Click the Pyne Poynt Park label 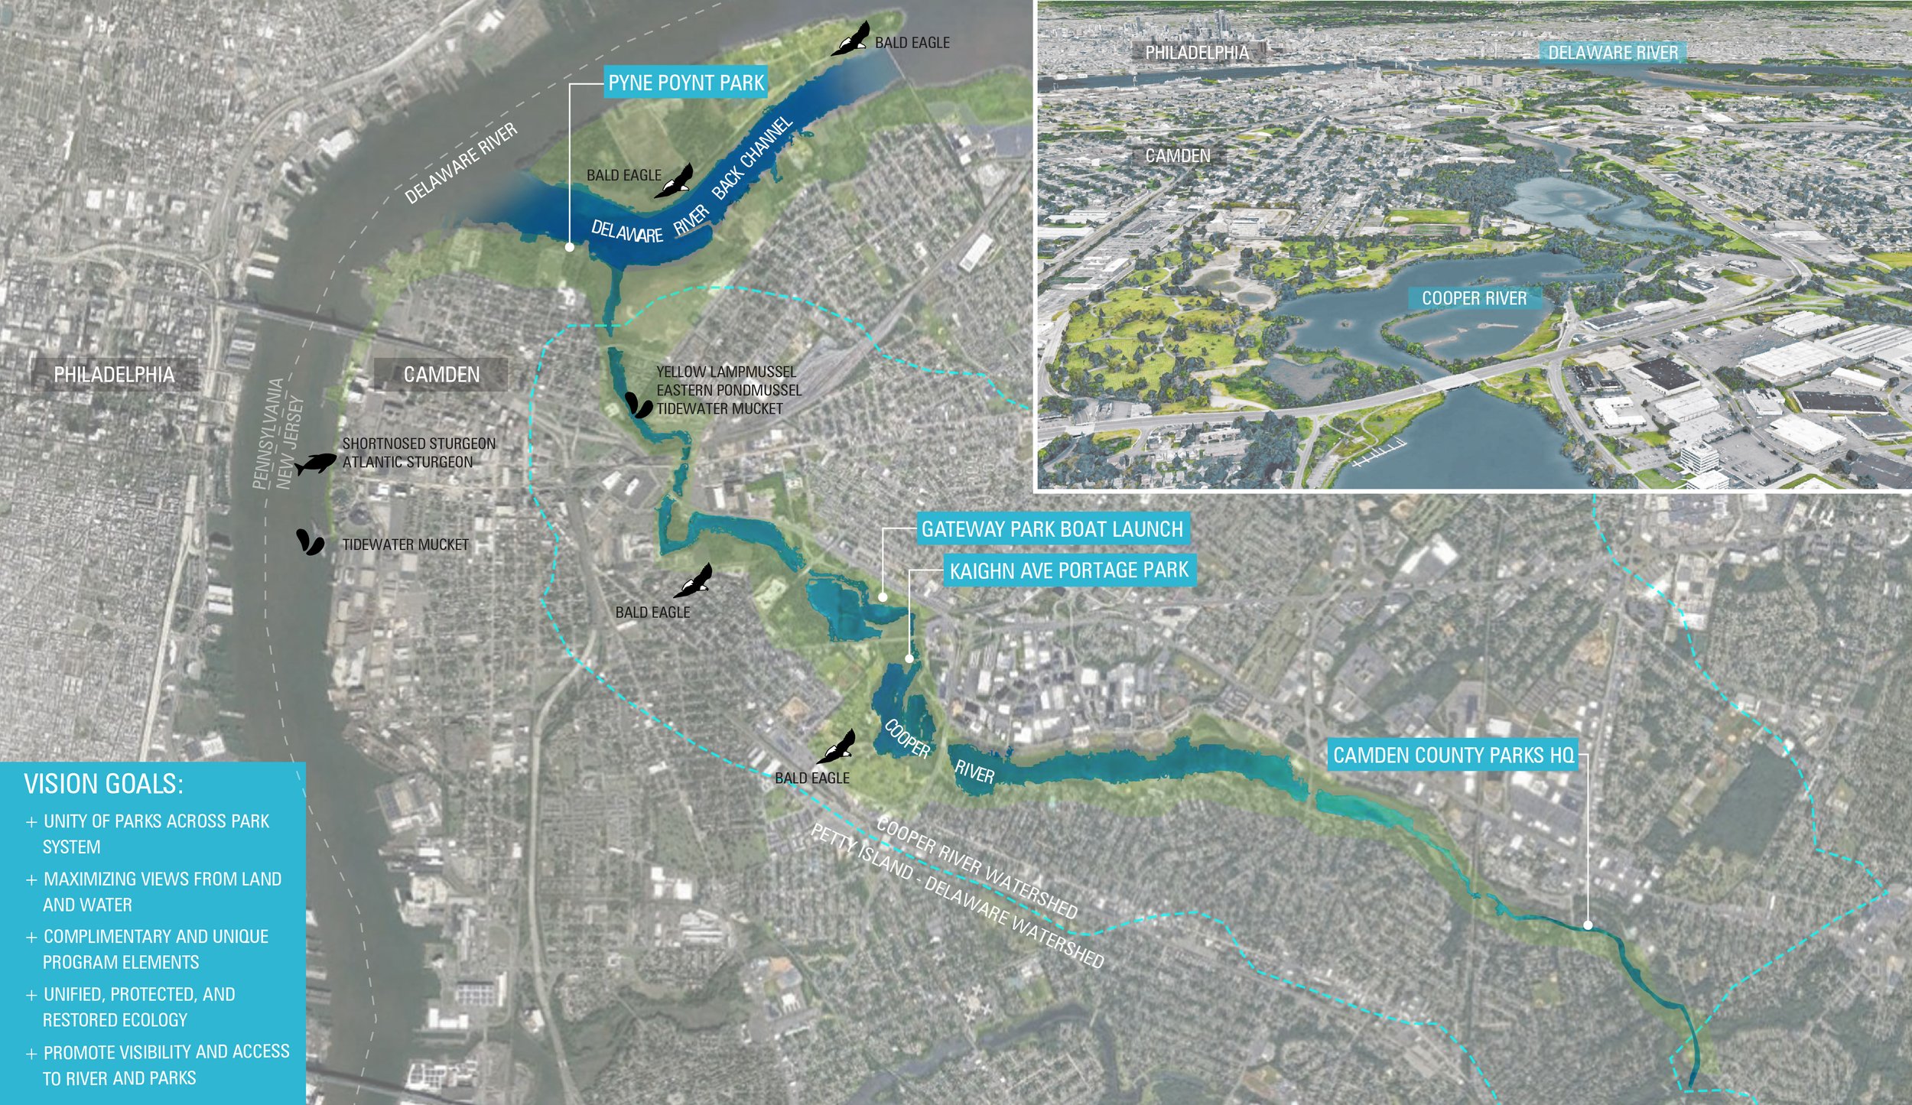point(686,83)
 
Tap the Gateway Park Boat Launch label point(1052,529)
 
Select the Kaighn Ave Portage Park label point(1068,570)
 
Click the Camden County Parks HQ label point(1453,756)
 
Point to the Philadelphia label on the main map point(114,375)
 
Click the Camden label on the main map point(441,375)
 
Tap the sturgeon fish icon point(315,463)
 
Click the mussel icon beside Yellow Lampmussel point(639,405)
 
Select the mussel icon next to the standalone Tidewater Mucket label point(310,541)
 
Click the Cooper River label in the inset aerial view point(1474,298)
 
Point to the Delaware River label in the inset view point(1613,53)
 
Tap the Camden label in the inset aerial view point(1178,156)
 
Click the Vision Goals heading point(103,785)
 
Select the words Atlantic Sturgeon point(408,462)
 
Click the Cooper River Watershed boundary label point(977,869)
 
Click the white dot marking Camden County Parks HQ point(1588,925)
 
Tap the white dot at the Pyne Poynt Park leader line point(570,247)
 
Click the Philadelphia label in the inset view point(1197,53)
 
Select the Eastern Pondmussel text point(728,390)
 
